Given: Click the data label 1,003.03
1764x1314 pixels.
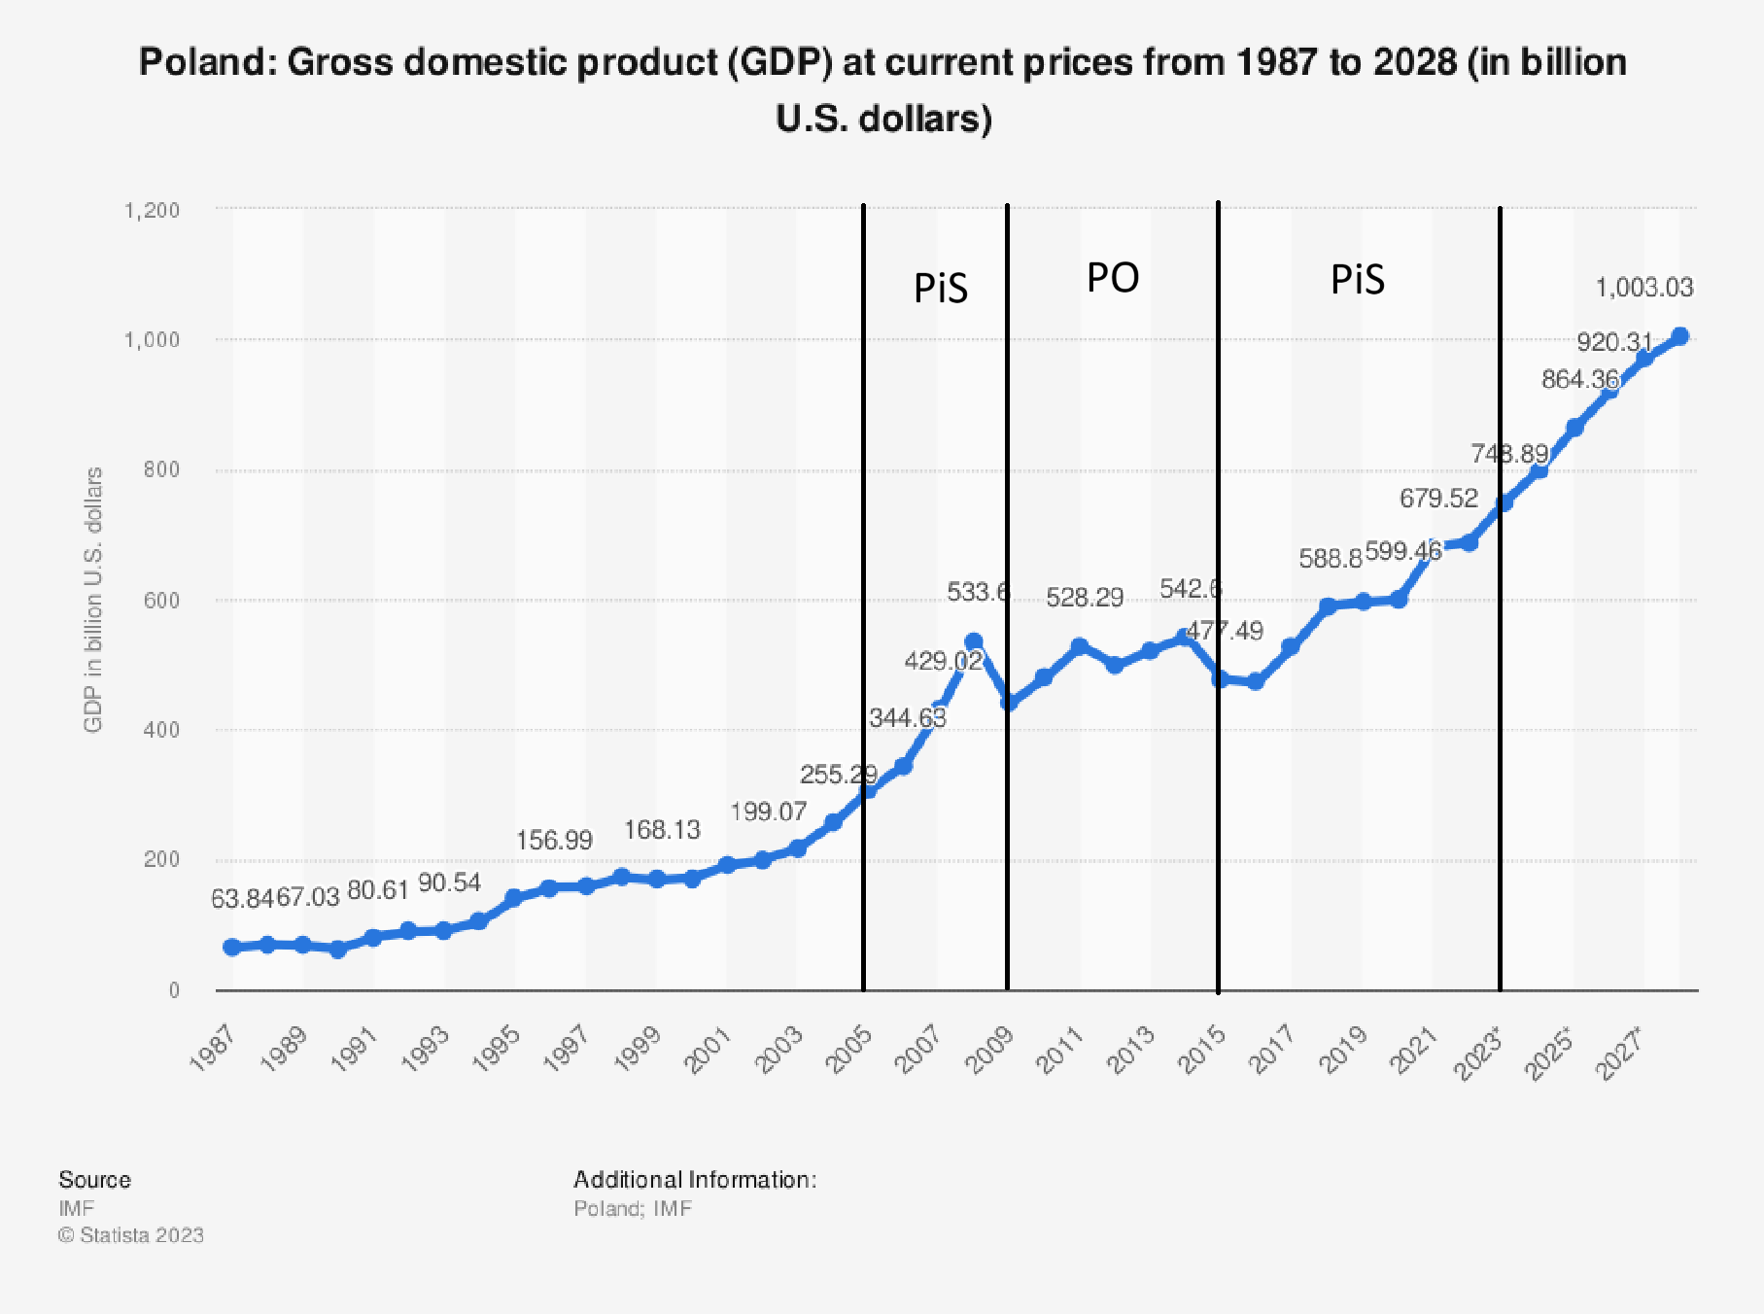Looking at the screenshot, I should (1643, 288).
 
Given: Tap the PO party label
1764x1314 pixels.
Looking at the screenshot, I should (1112, 278).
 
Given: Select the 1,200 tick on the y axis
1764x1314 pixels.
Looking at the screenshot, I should (152, 210).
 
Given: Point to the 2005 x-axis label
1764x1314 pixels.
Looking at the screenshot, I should (848, 1050).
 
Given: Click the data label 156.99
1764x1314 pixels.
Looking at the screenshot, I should (553, 840).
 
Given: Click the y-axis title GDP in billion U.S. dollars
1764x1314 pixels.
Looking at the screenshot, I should (93, 600).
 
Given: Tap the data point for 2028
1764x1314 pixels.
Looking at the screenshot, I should (1679, 336).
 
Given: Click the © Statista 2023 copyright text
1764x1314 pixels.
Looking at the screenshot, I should (131, 1235).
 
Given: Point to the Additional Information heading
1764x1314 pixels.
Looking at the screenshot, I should (694, 1180).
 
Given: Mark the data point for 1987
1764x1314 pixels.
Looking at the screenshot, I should (231, 947).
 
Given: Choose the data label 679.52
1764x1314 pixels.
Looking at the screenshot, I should (1437, 499).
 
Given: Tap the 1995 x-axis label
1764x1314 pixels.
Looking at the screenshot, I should (495, 1050).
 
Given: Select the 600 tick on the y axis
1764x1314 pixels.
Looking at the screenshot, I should (161, 601).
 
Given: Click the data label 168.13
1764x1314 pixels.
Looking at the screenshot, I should (661, 830).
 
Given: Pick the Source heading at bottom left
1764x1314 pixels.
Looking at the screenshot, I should (94, 1180).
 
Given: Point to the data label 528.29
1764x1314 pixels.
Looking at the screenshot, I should (1084, 598).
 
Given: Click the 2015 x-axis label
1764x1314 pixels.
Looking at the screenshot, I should (1201, 1050).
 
